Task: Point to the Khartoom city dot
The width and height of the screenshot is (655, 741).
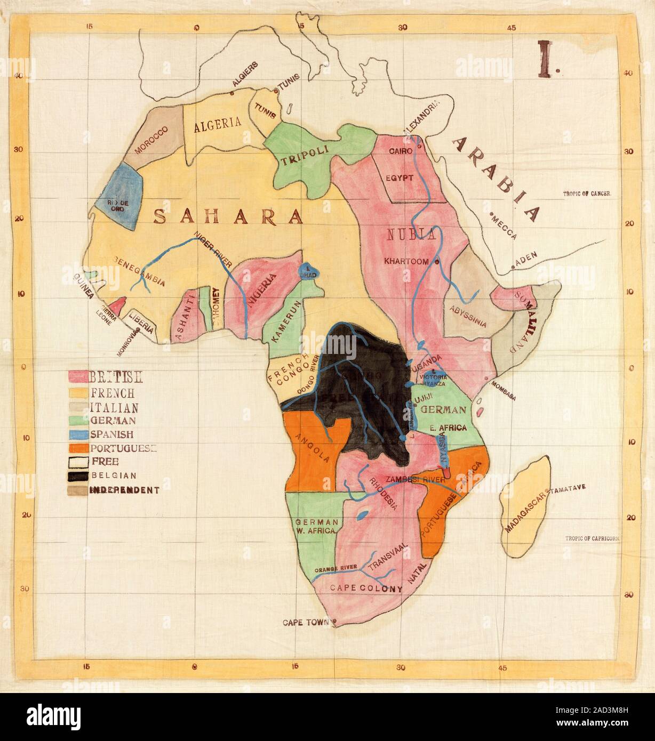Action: pyautogui.click(x=437, y=261)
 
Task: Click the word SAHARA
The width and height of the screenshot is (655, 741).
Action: pyautogui.click(x=227, y=216)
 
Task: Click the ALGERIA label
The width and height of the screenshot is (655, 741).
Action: pyautogui.click(x=217, y=126)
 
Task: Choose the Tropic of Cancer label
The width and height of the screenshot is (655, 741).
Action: pyautogui.click(x=586, y=195)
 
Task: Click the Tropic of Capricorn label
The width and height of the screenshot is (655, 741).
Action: pyautogui.click(x=592, y=538)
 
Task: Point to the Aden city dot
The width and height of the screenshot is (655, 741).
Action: pyautogui.click(x=515, y=265)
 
